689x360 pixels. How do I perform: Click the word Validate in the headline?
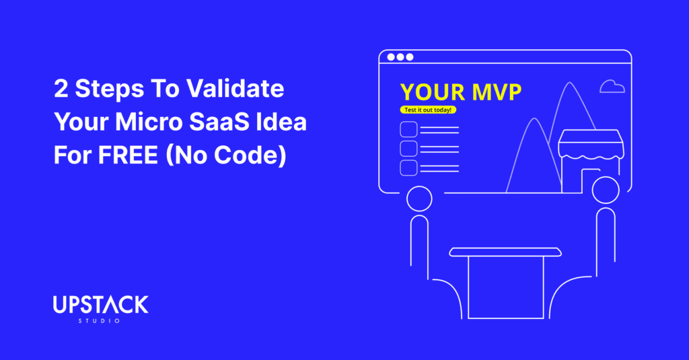point(235,88)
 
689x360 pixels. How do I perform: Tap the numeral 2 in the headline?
point(61,89)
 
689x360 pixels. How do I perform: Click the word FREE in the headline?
point(128,155)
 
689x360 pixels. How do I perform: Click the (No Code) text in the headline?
point(226,155)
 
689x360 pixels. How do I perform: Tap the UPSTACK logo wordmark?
point(101,305)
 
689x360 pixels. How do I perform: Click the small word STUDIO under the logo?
point(99,321)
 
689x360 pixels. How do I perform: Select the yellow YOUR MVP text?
point(460,92)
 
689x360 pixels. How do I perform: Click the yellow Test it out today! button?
point(428,110)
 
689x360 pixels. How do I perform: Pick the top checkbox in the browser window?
point(408,130)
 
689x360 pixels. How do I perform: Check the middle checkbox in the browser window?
point(408,149)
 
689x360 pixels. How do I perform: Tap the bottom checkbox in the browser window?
point(408,168)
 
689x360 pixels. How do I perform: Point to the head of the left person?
point(419,186)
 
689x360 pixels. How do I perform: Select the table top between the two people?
point(505,252)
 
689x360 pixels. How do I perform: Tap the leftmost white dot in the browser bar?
point(391,57)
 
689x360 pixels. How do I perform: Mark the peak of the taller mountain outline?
point(570,83)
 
